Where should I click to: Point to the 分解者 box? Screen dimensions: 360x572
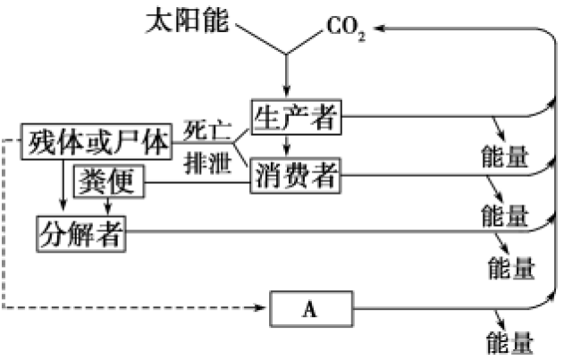pos(81,233)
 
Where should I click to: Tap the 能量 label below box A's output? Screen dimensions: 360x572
pos(510,342)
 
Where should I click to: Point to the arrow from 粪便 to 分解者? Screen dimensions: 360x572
pos(108,206)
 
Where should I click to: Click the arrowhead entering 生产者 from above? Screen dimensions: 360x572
pos(286,90)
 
